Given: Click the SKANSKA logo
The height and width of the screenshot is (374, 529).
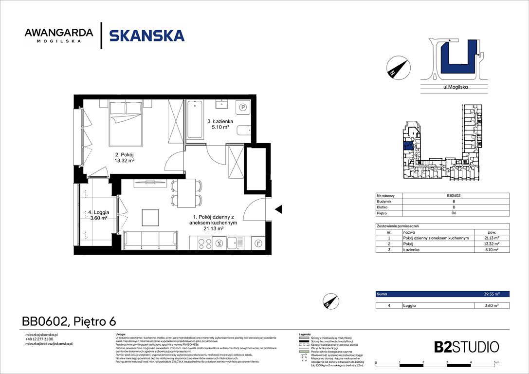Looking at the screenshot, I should click(x=146, y=36).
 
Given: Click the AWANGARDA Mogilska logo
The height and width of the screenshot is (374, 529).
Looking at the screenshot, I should click(x=58, y=35).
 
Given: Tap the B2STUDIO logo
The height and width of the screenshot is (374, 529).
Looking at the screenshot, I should click(x=466, y=347).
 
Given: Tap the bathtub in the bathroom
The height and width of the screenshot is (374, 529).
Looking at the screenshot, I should click(x=195, y=120).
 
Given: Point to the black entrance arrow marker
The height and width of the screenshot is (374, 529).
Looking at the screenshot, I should click(x=278, y=209).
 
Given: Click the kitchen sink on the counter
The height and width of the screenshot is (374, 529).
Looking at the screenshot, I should click(x=237, y=242).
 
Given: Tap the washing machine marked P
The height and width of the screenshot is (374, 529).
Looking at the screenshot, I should click(x=242, y=108).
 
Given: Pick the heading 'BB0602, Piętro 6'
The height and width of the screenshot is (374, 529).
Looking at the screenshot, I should click(x=69, y=321).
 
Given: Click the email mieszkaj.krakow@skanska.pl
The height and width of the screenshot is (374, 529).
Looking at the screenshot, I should click(x=49, y=344).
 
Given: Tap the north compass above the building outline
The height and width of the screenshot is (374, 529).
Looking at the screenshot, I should click(x=396, y=67).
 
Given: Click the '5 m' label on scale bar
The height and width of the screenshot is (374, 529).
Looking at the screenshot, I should click(x=495, y=363).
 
